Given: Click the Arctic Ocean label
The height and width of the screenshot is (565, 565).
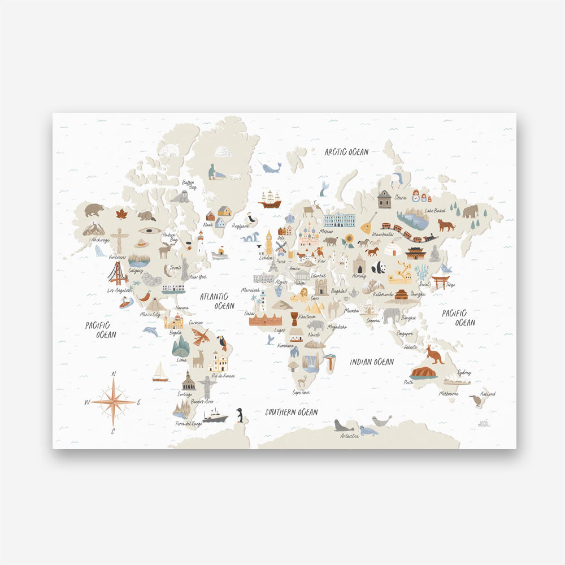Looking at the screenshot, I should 346,151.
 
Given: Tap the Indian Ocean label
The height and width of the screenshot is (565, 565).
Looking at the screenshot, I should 371,362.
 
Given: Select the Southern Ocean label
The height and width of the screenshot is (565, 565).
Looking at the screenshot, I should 292,412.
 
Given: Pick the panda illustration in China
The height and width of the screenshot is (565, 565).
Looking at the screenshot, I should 379,267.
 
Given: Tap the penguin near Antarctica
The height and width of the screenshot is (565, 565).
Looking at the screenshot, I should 240,415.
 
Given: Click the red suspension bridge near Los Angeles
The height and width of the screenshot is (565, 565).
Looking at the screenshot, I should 118,273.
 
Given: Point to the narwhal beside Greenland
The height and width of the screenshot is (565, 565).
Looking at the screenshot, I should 270,167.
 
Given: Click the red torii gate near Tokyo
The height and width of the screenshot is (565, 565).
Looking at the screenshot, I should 441,281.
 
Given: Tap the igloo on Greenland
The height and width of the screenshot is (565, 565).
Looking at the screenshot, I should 222,151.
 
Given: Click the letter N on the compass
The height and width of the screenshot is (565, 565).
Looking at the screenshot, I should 114,374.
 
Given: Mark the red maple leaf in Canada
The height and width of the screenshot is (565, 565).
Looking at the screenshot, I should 121,214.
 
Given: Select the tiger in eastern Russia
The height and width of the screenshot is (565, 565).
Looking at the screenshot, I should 446,225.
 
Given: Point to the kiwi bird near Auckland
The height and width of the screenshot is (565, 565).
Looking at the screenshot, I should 476,401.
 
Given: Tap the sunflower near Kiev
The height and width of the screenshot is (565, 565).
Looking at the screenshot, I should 349,240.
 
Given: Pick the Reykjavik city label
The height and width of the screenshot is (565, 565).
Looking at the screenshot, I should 240,225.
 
